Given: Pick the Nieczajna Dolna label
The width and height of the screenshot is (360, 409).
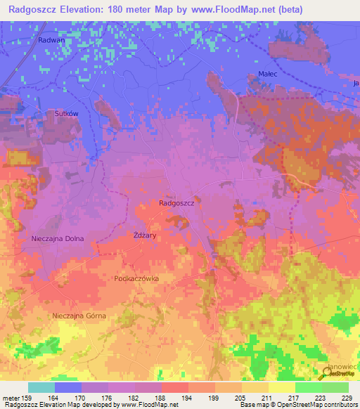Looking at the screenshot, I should coord(58,239).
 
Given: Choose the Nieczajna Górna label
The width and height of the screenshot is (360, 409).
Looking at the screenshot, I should coord(79,316).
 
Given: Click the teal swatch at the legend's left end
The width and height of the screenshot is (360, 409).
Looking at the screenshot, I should coord(41,387).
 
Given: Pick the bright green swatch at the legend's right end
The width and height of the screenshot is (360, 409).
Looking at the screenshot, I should coord(335,387).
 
